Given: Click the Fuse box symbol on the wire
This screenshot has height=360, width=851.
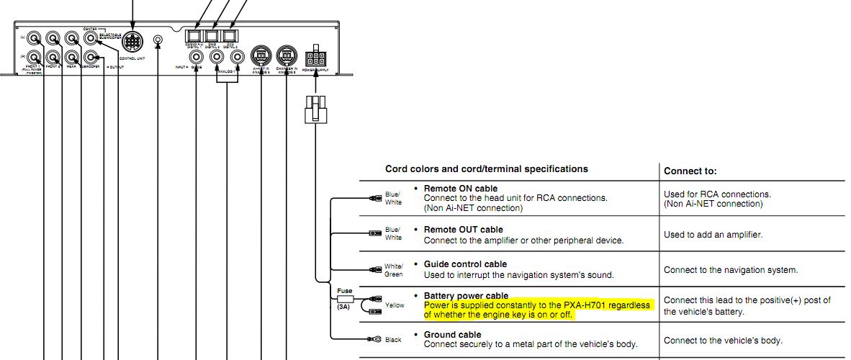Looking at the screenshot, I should tap(344, 298).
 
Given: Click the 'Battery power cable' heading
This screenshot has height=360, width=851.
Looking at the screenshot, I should tap(466, 296).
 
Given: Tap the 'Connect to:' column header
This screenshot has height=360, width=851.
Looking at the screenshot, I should tap(690, 171).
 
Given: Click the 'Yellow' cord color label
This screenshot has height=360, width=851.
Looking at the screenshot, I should tap(395, 305).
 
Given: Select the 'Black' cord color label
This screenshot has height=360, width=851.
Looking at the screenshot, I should tap(393, 339).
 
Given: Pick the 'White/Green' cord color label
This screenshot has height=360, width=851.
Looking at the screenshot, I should tap(394, 270).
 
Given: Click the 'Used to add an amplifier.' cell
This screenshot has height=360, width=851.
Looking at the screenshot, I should tap(713, 235).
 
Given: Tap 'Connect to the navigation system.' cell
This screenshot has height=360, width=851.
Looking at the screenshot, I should tap(730, 270).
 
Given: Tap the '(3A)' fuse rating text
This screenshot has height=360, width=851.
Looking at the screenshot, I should tap(343, 307).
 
